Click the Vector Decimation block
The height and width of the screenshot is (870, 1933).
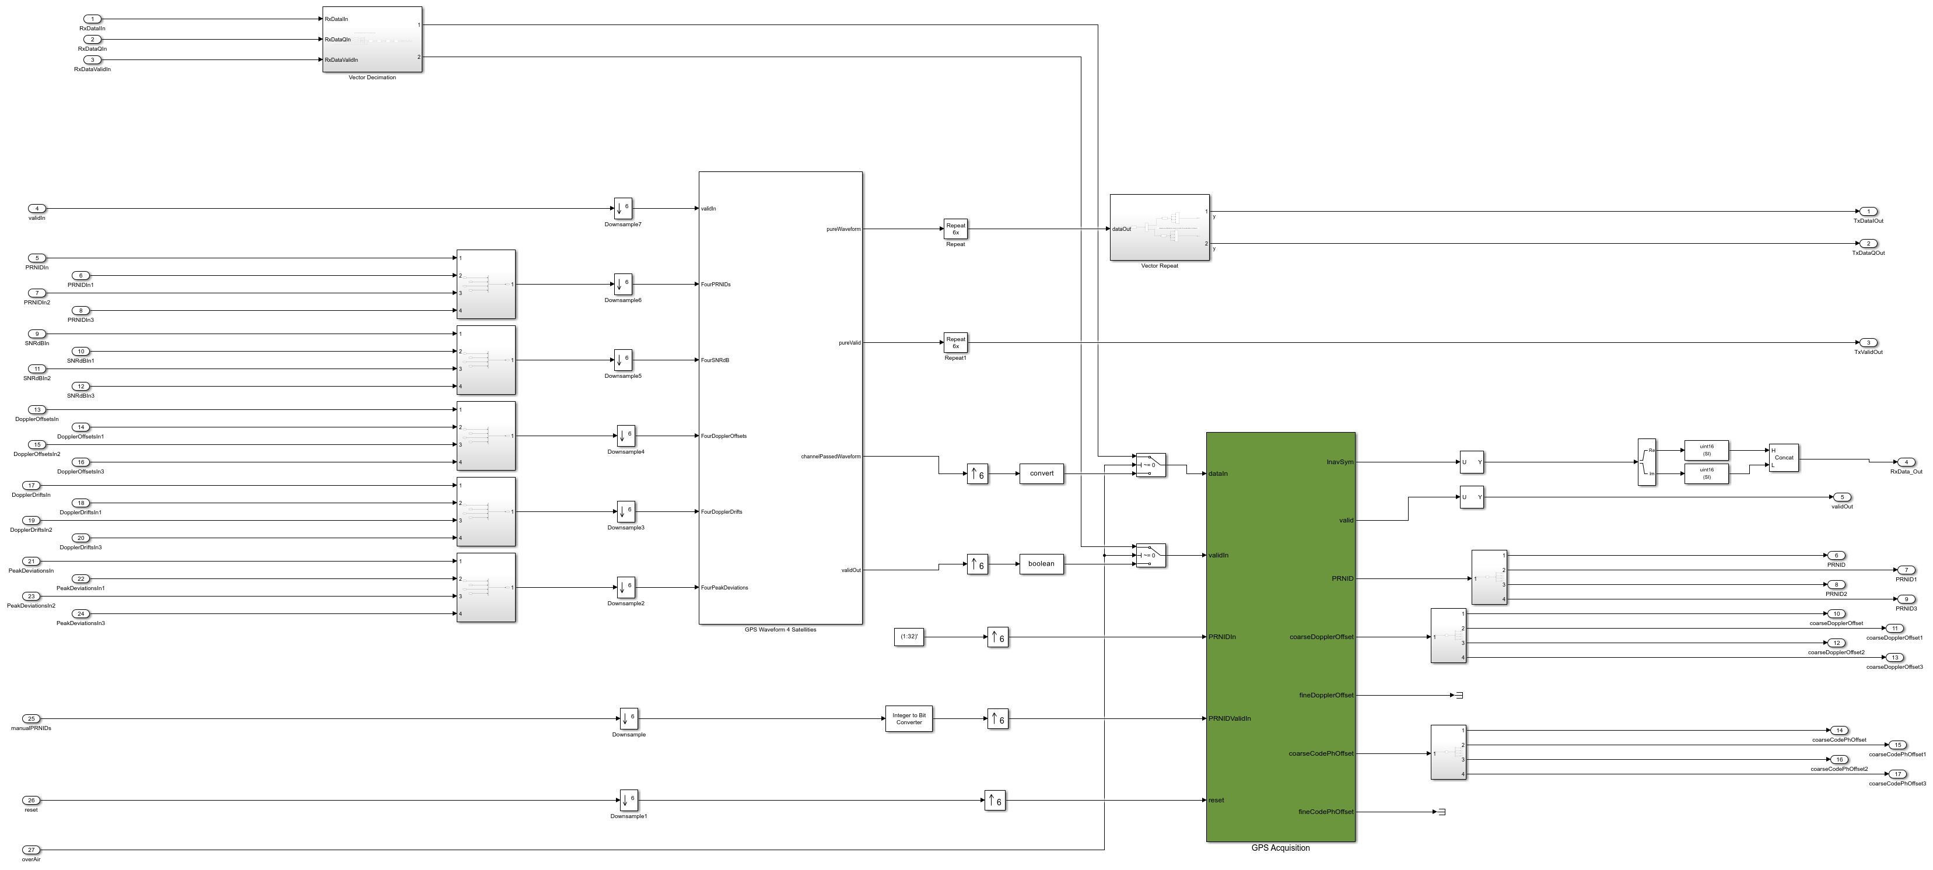pyautogui.click(x=372, y=39)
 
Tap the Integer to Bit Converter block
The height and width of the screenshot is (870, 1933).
pyautogui.click(x=909, y=718)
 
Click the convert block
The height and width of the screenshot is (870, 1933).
pyautogui.click(x=1042, y=473)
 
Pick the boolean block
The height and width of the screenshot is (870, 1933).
pyautogui.click(x=1041, y=563)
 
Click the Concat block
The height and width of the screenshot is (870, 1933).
pyautogui.click(x=1784, y=458)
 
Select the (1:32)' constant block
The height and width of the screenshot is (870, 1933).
pyautogui.click(x=909, y=637)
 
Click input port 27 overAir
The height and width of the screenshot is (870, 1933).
pyautogui.click(x=31, y=850)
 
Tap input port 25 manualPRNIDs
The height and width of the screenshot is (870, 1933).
pyautogui.click(x=31, y=718)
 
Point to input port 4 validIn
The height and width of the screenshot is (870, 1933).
pyautogui.click(x=37, y=209)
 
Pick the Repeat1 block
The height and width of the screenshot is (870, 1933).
pyautogui.click(x=955, y=343)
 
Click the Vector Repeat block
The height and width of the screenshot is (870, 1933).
pyautogui.click(x=1160, y=228)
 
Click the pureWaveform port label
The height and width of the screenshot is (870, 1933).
pyautogui.click(x=843, y=229)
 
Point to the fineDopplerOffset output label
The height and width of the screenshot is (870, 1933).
pyautogui.click(x=1326, y=695)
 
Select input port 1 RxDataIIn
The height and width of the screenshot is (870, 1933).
pyautogui.click(x=92, y=19)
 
